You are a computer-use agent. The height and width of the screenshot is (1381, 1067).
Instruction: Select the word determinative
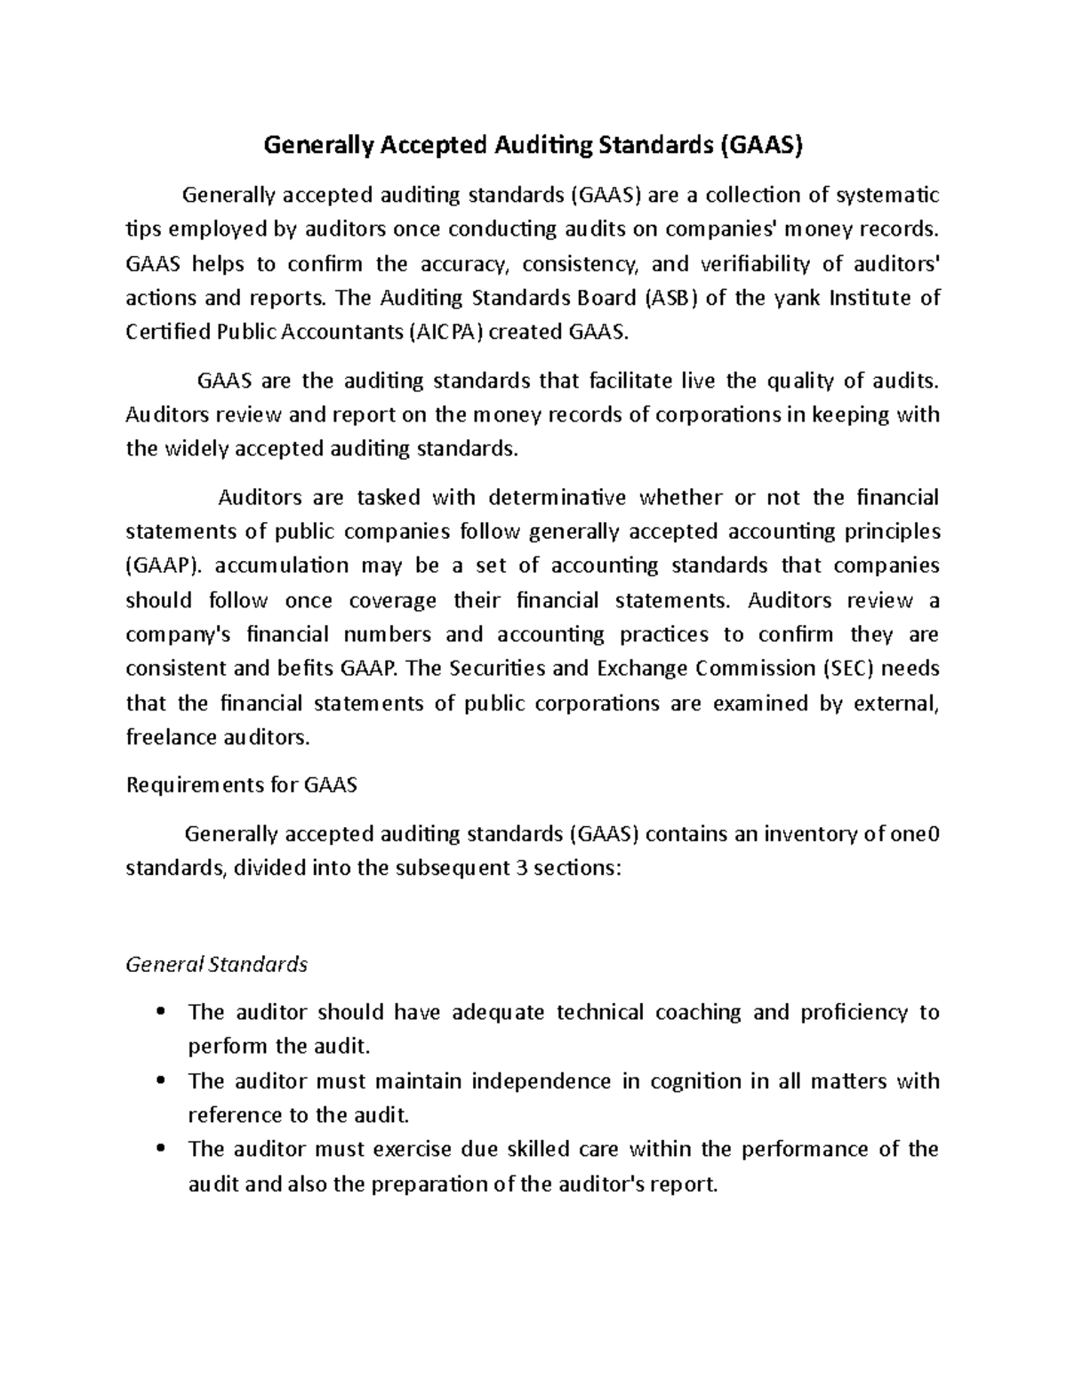[x=558, y=497]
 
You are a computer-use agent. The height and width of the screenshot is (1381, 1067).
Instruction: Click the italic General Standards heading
[x=217, y=964]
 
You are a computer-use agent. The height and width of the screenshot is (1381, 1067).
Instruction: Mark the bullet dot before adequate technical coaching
[x=161, y=1013]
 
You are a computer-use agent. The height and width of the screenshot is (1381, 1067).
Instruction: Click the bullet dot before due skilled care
[x=161, y=1150]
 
